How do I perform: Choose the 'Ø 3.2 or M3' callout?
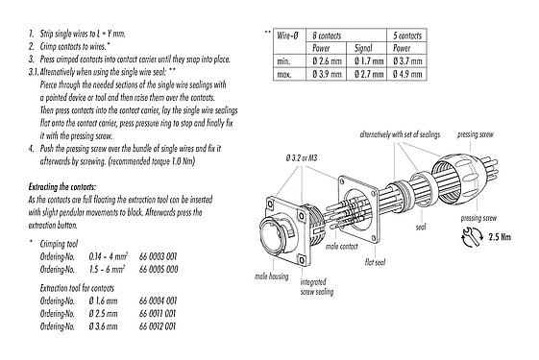(303, 156)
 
